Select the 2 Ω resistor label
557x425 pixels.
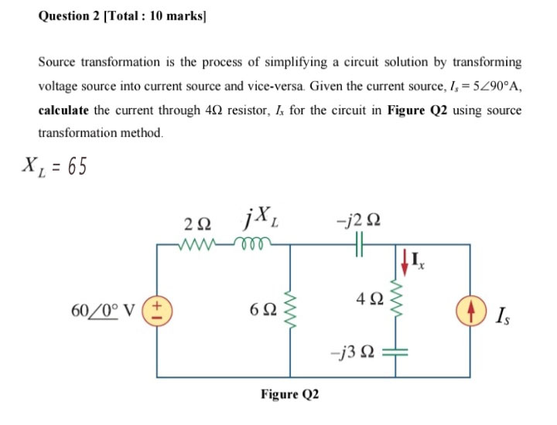pos(197,225)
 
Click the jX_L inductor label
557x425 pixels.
pos(255,222)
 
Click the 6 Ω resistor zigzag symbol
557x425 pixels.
pos(292,310)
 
